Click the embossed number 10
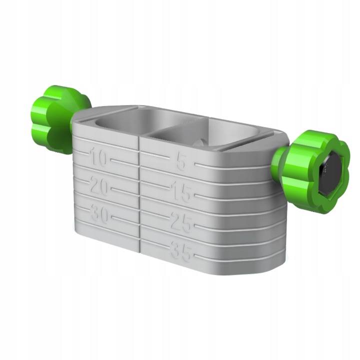coord(98,159)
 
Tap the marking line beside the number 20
coord(123,189)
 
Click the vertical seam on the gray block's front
coord(139,200)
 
